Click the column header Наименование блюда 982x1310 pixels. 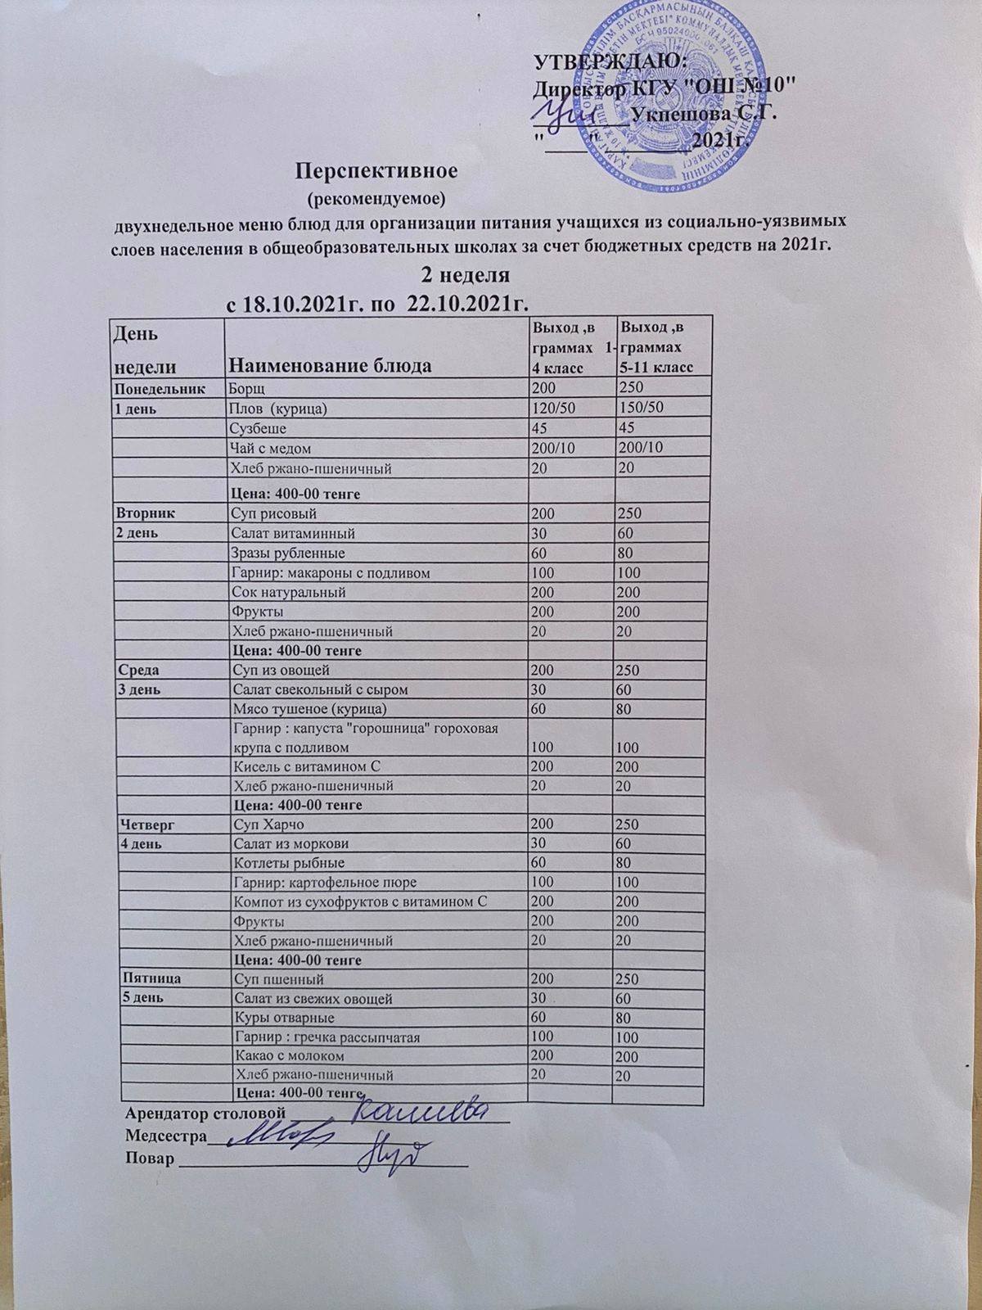point(329,364)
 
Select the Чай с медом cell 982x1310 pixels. point(271,449)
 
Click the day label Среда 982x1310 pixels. point(139,670)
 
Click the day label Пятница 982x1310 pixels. point(151,978)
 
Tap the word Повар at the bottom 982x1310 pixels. point(150,1158)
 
